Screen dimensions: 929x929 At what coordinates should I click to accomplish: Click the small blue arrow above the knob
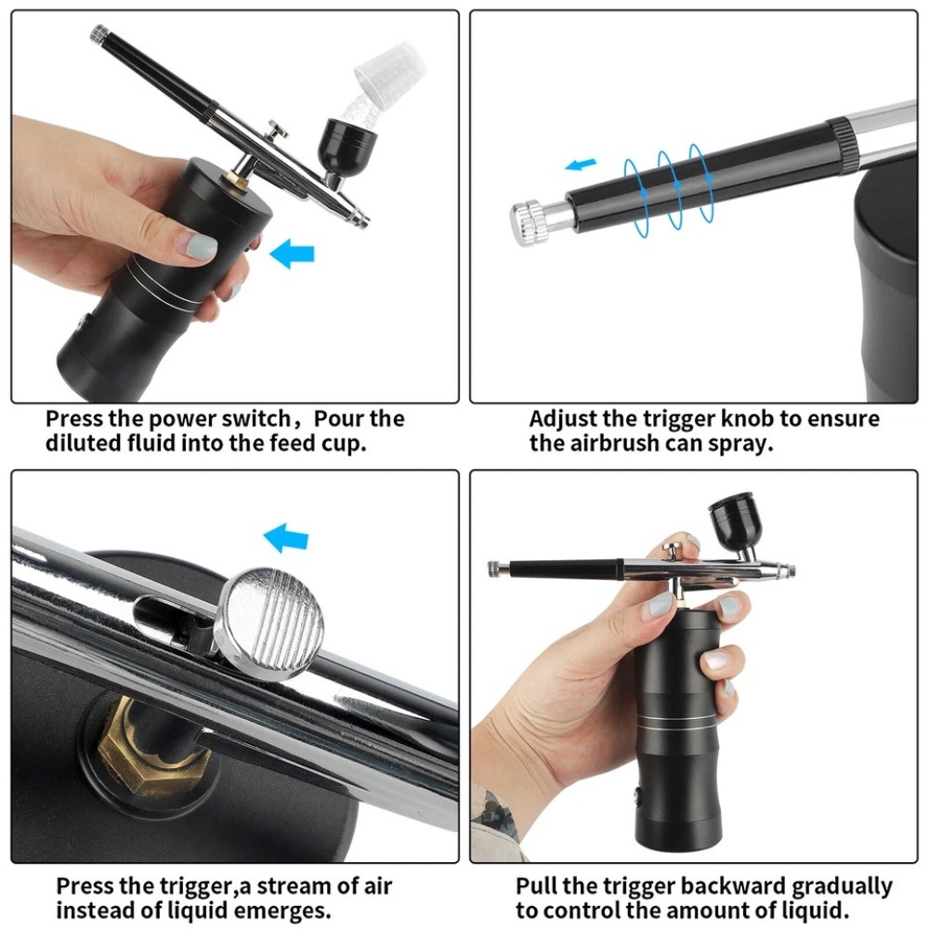point(582,165)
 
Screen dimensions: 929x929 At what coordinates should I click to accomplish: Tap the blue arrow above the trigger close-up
point(285,537)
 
